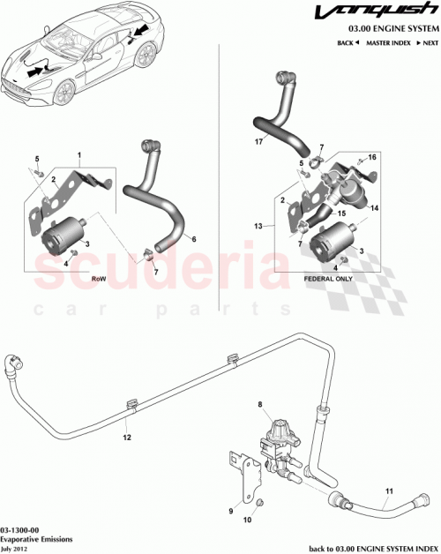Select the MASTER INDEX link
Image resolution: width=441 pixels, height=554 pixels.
click(386, 42)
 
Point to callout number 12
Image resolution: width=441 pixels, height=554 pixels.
click(126, 435)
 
